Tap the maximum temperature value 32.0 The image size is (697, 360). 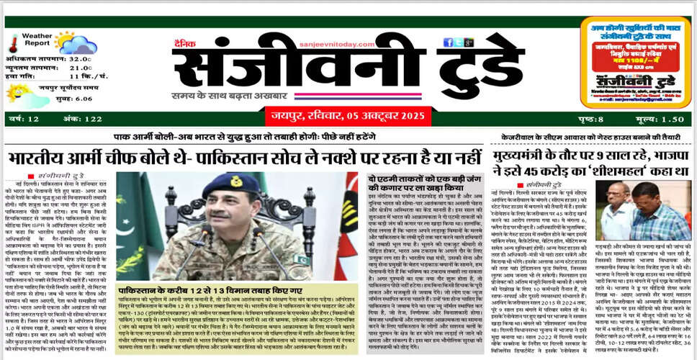[x=80, y=60]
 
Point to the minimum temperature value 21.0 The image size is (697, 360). [x=80, y=68]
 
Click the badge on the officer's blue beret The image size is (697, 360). [x=236, y=181]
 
